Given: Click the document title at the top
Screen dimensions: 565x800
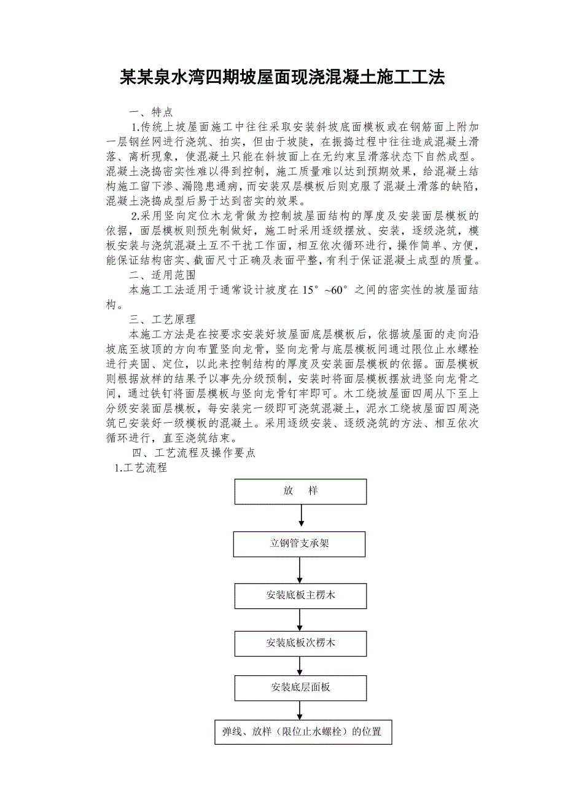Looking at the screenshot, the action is coord(282,78).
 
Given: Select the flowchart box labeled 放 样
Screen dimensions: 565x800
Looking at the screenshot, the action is coord(300,491).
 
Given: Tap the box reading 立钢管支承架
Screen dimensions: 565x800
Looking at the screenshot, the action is coord(299,544).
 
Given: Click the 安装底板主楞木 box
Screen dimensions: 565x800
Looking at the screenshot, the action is coord(300,596).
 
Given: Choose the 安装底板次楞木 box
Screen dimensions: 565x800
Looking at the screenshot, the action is coord(300,643).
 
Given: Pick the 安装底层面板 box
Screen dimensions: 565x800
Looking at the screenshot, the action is coord(300,687).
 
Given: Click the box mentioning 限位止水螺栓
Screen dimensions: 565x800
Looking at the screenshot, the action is coord(302,732).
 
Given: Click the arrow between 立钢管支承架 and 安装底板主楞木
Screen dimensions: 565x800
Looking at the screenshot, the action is coord(300,570).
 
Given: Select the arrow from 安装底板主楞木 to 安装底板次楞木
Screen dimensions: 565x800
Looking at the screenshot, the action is coord(300,619).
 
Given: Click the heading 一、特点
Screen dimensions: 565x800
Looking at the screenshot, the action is coord(150,112).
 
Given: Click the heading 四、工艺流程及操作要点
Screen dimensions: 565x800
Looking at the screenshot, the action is coord(194,453).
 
